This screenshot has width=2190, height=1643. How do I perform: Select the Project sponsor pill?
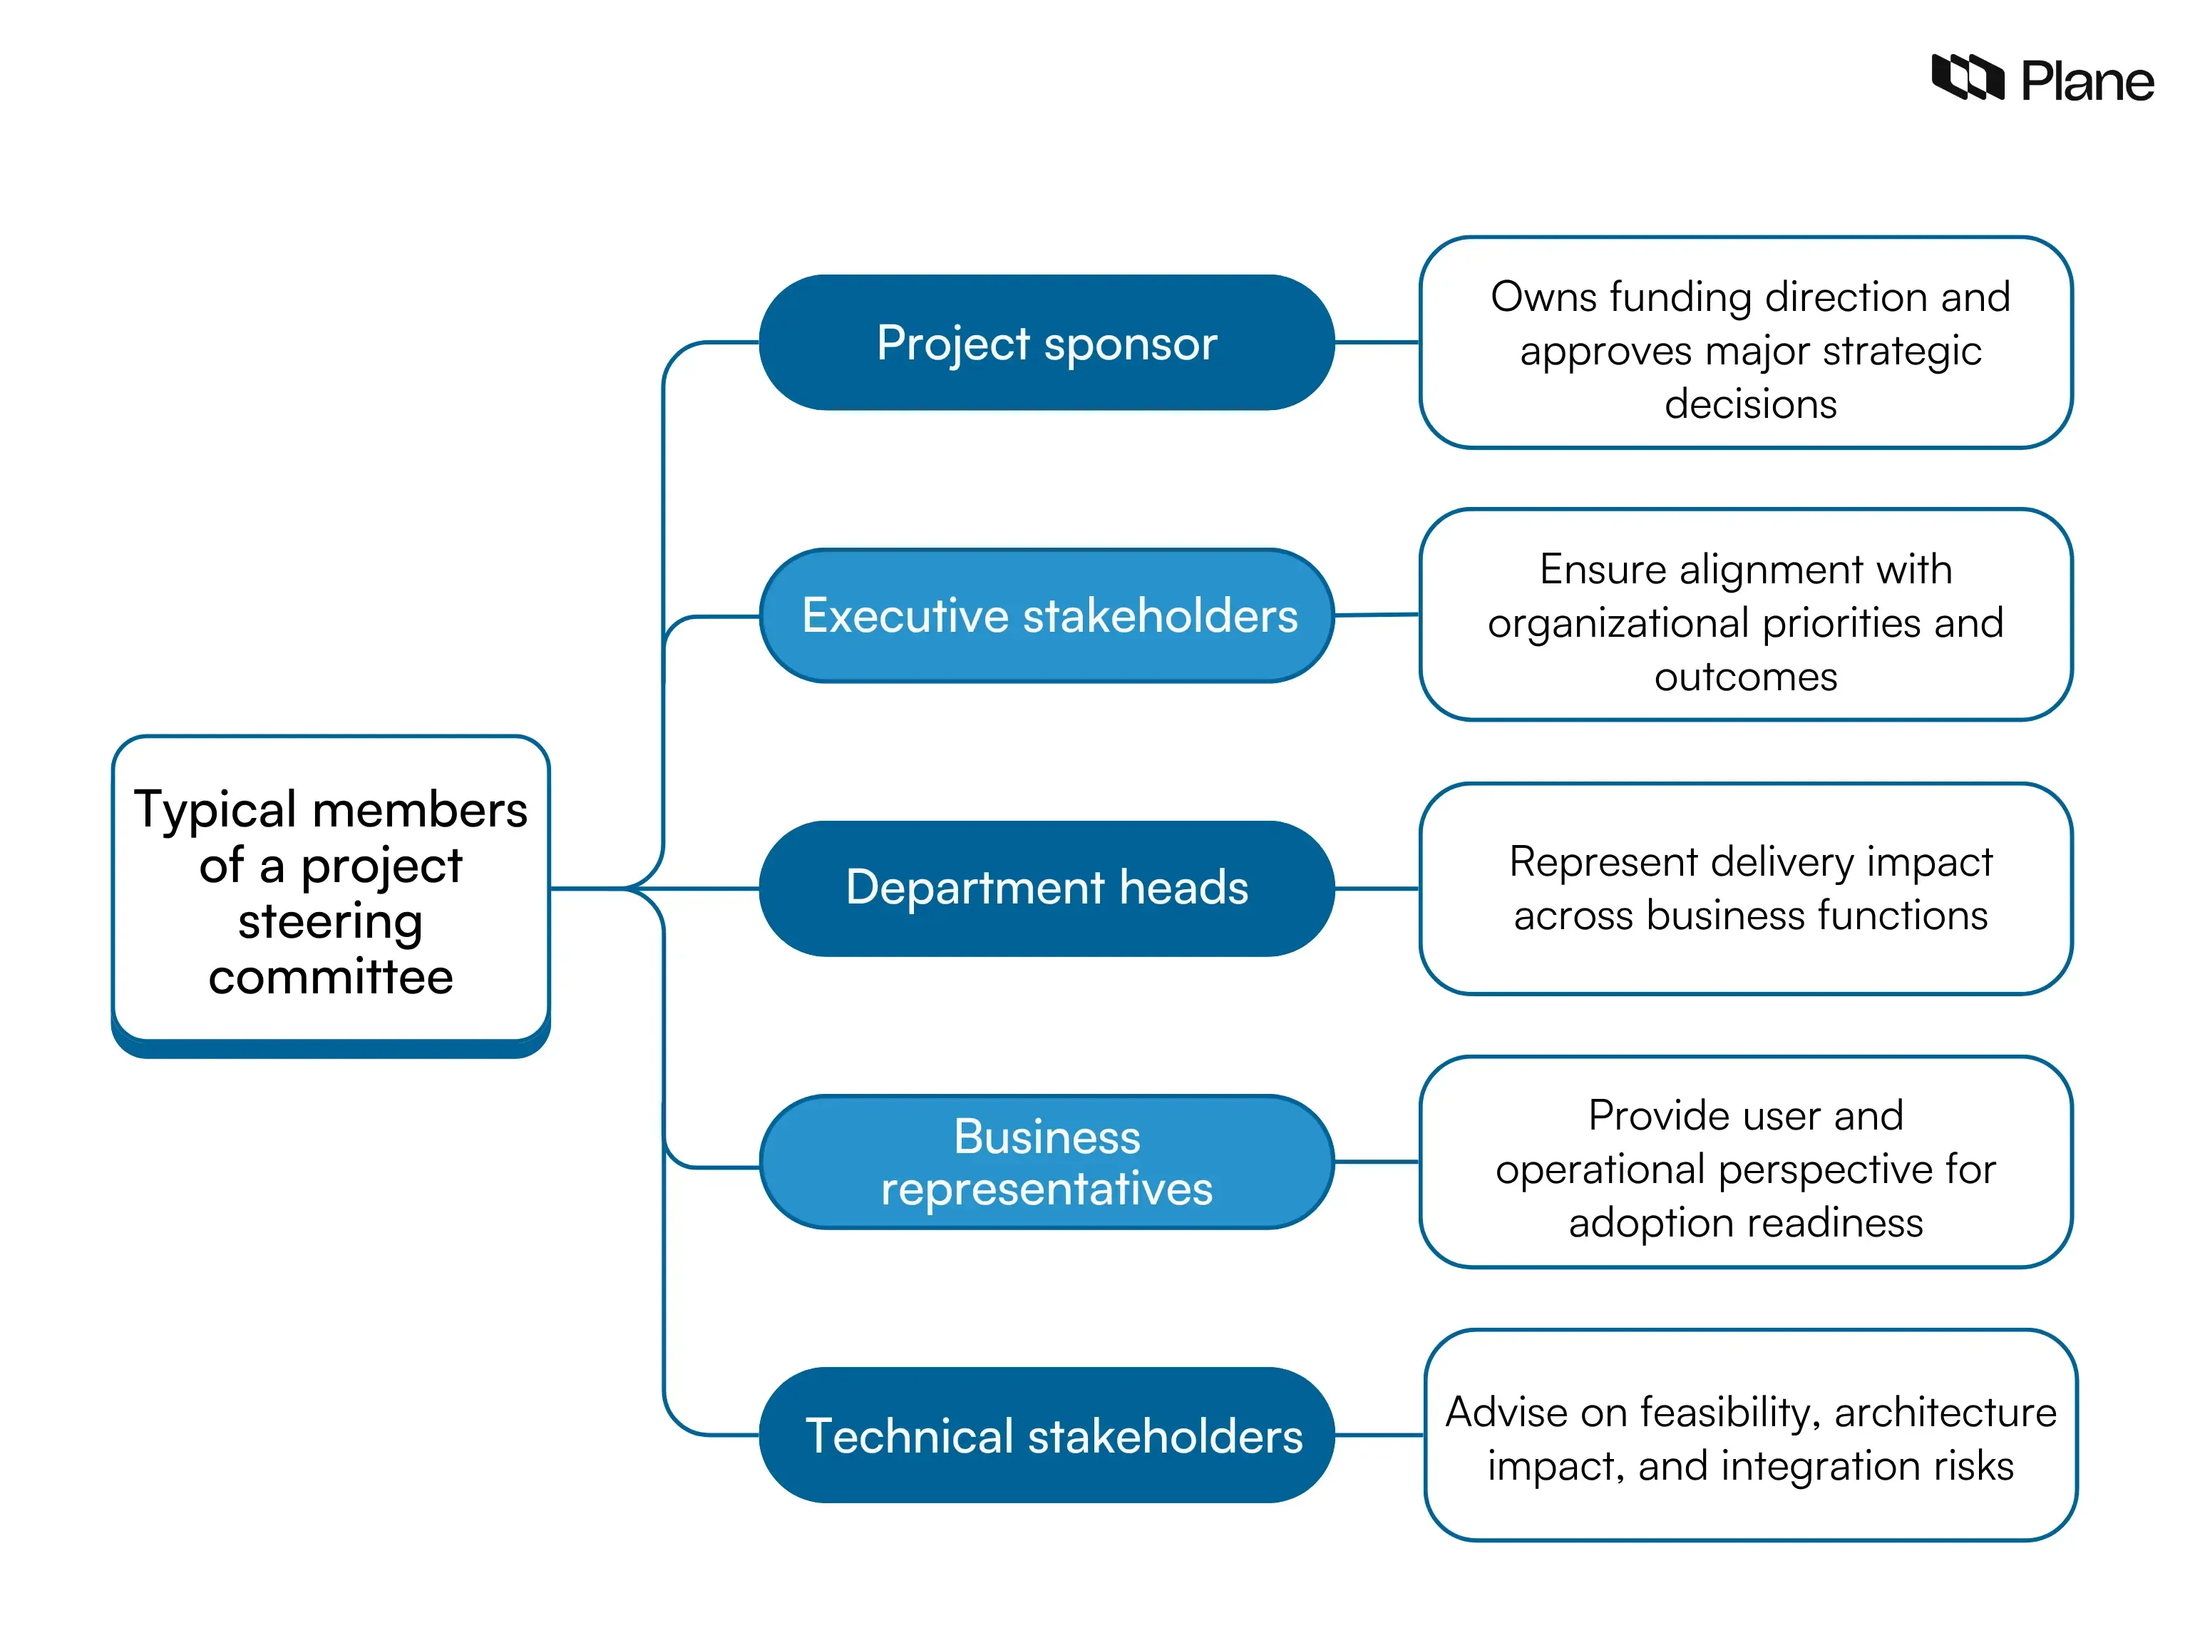pos(1046,343)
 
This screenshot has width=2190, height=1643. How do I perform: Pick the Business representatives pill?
pos(1046,1162)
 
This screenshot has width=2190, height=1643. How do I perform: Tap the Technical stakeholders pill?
pos(1047,1435)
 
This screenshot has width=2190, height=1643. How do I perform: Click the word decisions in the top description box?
pos(1749,404)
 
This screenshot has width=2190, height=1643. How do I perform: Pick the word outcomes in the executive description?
pos(1744,677)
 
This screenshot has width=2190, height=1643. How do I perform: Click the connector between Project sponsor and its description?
pos(1376,343)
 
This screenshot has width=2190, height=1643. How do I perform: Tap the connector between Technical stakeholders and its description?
pos(1378,1435)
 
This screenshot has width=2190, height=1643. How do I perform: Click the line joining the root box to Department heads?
pos(693,889)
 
